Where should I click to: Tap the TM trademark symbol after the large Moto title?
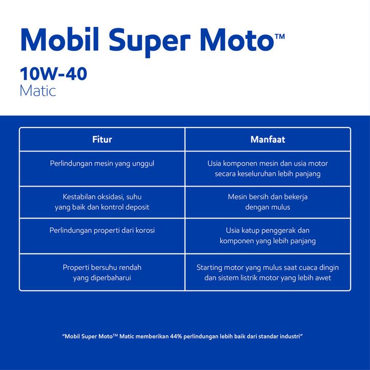click(x=280, y=37)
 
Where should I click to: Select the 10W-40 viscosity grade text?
click(x=54, y=73)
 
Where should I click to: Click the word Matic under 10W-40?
click(x=38, y=91)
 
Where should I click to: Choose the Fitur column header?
click(x=102, y=139)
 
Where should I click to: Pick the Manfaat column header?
click(x=268, y=139)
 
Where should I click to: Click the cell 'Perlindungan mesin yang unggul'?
click(x=102, y=164)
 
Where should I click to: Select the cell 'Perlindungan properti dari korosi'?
click(x=102, y=230)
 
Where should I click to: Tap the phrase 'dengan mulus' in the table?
click(x=268, y=207)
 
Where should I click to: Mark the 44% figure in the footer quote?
click(x=176, y=336)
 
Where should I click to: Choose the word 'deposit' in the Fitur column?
click(x=137, y=207)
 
